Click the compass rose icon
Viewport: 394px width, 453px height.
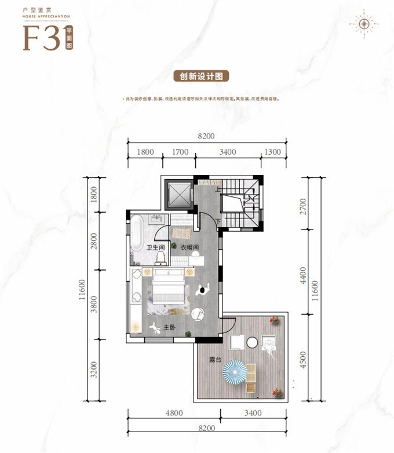[364, 24]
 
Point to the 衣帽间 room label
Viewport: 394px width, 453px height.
[189, 248]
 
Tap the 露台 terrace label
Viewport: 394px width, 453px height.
[215, 359]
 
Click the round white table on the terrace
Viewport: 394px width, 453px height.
[253, 343]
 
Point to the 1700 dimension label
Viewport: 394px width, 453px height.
[180, 152]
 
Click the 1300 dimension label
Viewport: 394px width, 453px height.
[272, 152]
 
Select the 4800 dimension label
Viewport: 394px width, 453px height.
[174, 413]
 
